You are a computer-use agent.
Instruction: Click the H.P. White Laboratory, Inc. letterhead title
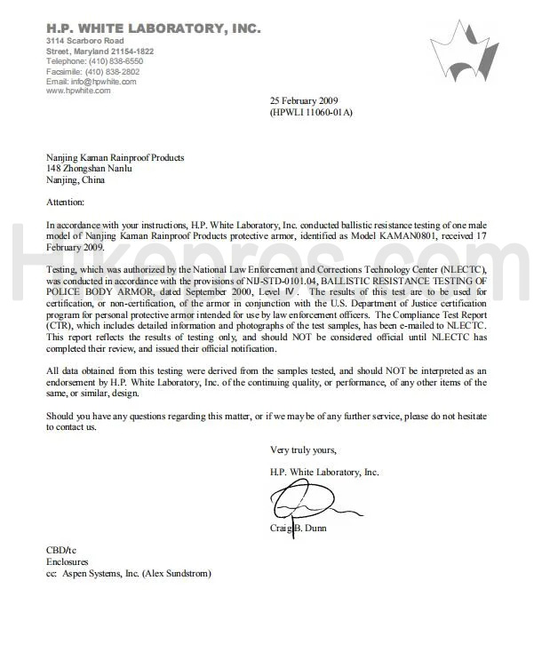click(153, 28)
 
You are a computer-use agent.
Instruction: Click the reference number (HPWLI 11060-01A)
click(311, 113)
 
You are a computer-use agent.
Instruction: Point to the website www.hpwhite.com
click(78, 91)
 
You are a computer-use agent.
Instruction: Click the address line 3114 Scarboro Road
click(84, 41)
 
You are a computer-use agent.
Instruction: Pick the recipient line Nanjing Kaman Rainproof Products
click(116, 158)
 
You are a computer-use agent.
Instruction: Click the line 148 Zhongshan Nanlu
click(89, 169)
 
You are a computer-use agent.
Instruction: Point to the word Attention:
click(65, 203)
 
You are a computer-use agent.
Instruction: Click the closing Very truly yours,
click(303, 449)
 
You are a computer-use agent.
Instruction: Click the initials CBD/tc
click(61, 551)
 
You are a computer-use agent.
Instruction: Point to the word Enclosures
click(68, 562)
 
